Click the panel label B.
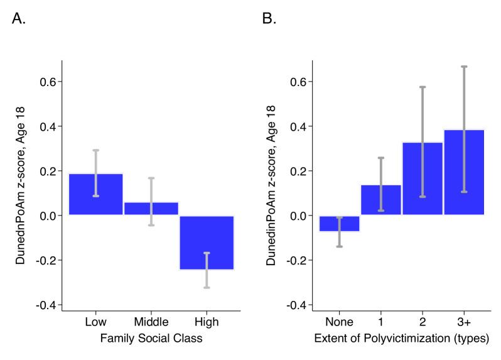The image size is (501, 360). coord(269,19)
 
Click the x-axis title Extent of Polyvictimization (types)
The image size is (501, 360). coord(402,340)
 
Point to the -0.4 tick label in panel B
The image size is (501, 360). coord(296,305)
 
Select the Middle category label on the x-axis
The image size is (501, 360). coord(151,322)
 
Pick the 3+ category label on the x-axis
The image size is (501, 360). coord(464,322)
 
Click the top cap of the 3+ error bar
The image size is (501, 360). coord(464,66)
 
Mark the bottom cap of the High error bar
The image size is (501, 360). coord(207,287)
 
